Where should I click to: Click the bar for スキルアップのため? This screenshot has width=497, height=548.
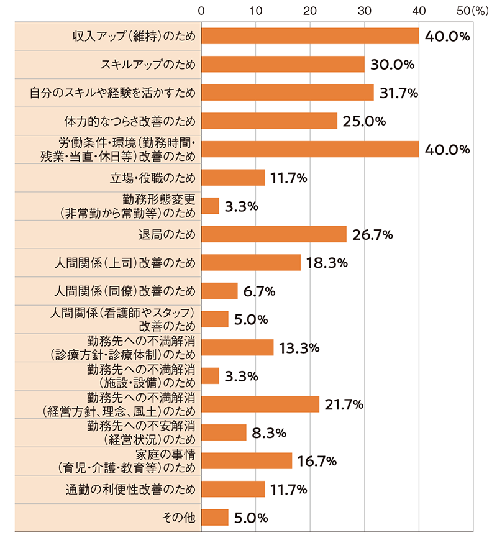pos(283,64)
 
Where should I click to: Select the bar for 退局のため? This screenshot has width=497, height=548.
pos(274,234)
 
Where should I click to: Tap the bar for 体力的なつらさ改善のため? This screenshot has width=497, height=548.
pos(269,121)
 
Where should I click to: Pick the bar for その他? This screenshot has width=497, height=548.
pos(215,517)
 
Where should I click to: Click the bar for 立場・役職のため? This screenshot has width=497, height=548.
pos(233,178)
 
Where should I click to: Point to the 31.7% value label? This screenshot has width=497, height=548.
pos(398,93)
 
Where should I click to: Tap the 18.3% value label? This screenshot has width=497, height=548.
pos(326,263)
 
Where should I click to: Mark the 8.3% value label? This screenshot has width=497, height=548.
pos(268,432)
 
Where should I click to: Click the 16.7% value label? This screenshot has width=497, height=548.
pos(316,461)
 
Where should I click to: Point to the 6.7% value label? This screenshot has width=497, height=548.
pos(259,291)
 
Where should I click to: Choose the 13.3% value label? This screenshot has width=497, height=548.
pos(298,348)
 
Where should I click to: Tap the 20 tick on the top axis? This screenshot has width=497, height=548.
pos(310,11)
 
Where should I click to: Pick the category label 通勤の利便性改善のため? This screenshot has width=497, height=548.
pos(130,489)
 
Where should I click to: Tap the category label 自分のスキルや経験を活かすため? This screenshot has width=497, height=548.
pos(113,93)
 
